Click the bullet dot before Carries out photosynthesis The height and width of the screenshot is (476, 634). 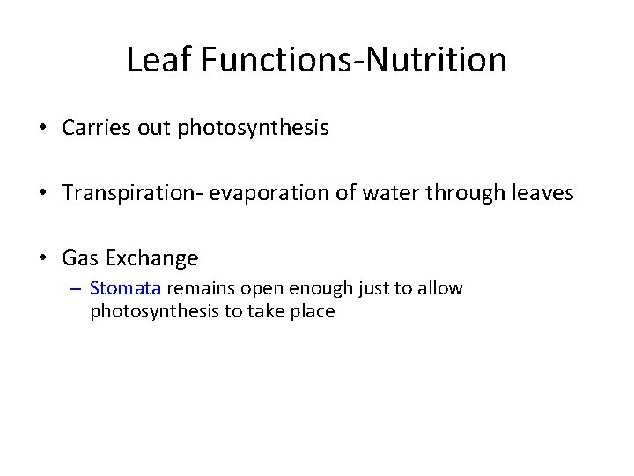coord(42,129)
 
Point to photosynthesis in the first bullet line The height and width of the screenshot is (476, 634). coord(253,129)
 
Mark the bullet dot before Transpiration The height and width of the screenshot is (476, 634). coord(42,193)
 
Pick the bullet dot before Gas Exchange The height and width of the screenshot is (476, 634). coord(42,258)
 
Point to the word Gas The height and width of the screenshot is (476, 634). coord(79,258)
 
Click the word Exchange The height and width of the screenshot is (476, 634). coord(151,258)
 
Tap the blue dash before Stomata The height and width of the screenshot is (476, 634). coord(76,289)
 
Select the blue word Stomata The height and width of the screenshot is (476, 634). coord(125,288)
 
